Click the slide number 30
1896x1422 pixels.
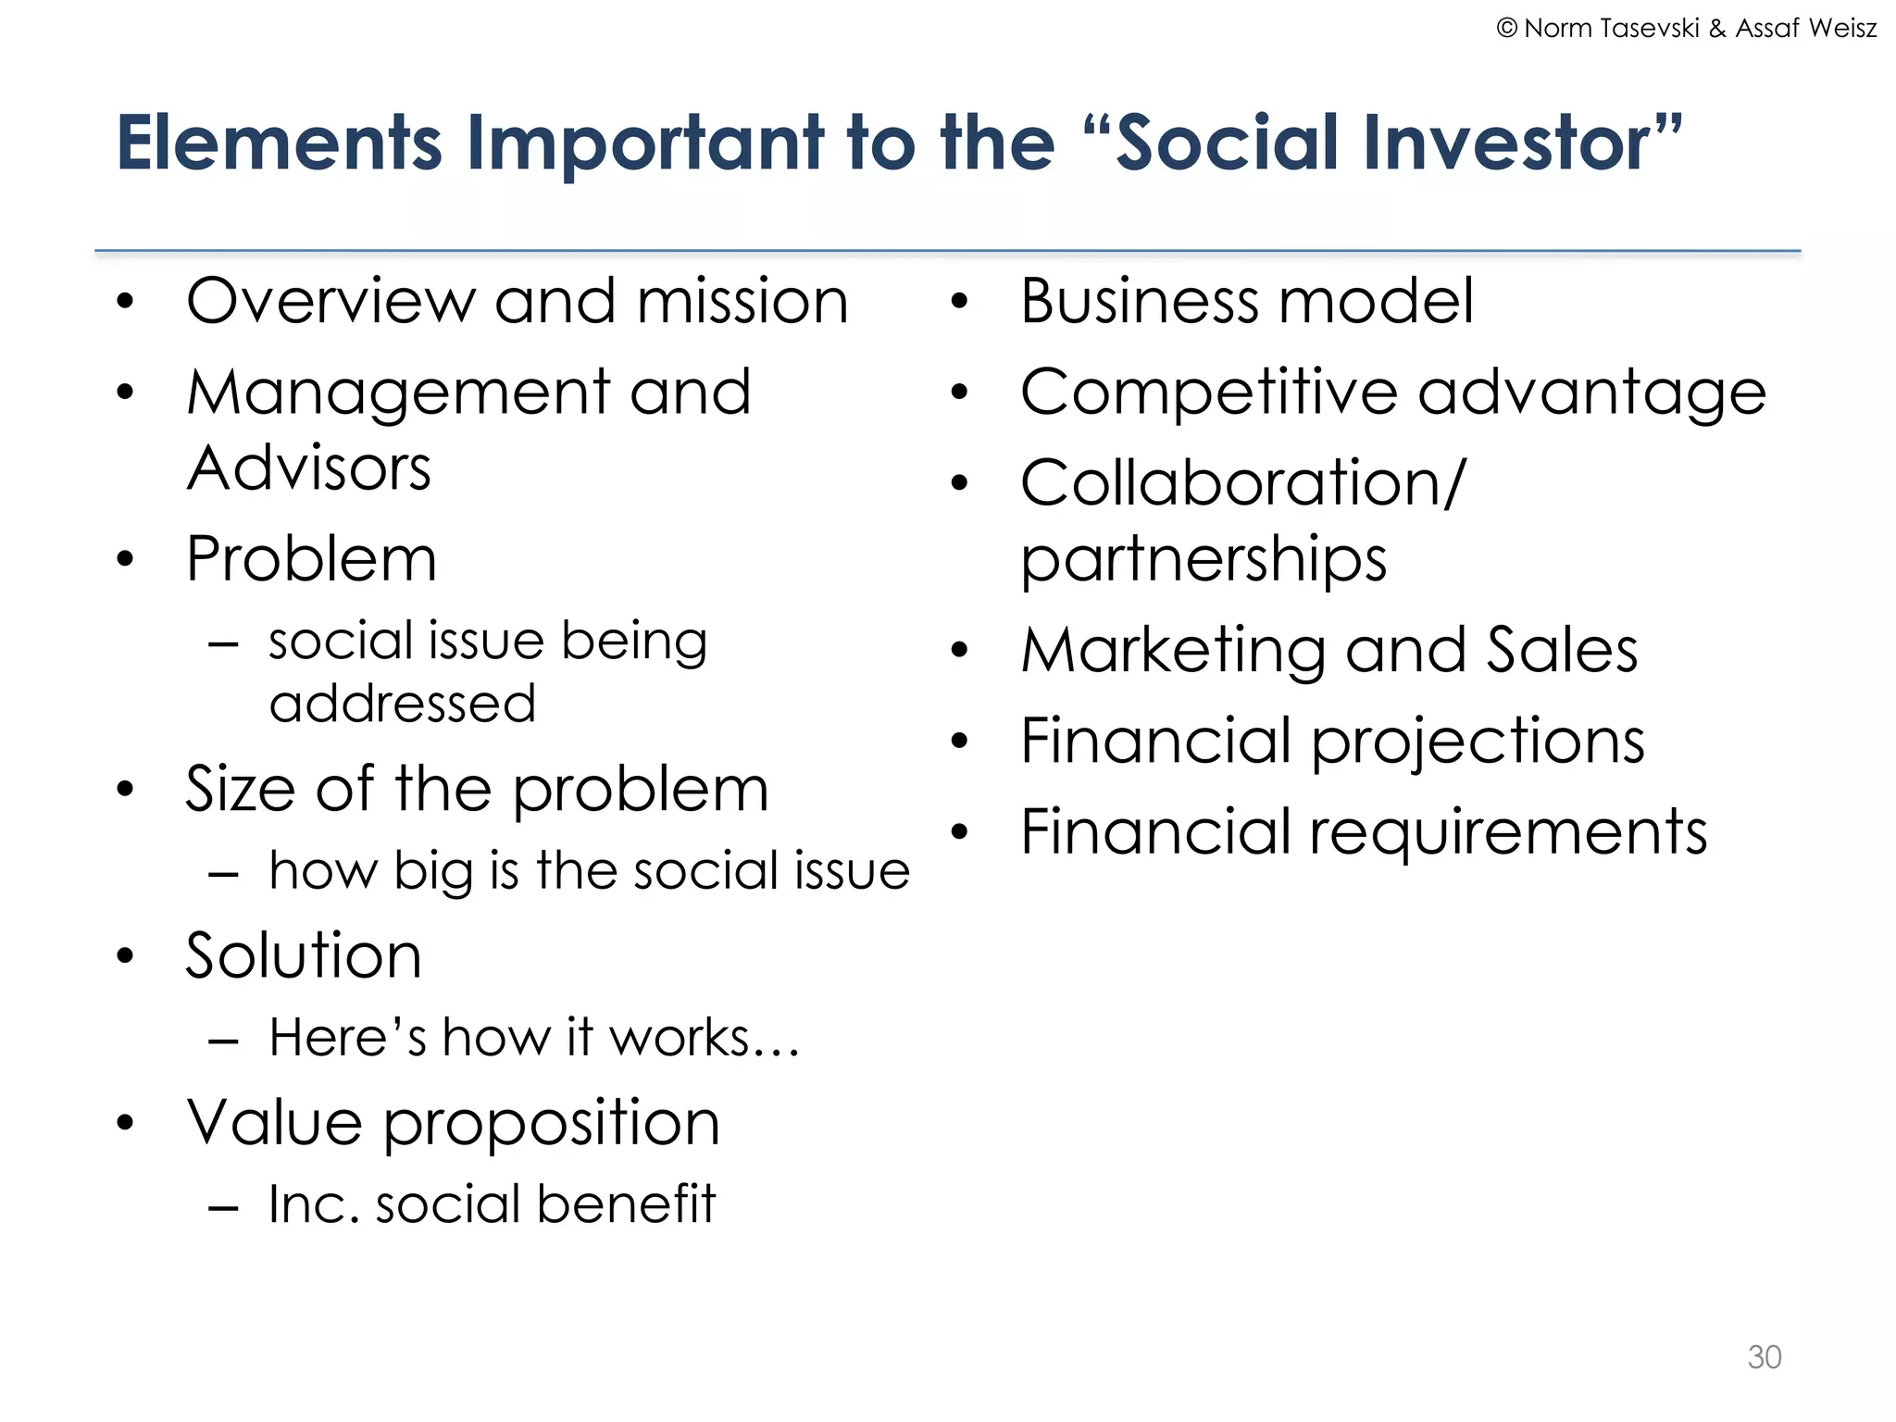click(x=1764, y=1356)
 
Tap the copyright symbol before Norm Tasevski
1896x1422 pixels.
click(x=1506, y=29)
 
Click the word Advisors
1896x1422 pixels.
click(x=309, y=468)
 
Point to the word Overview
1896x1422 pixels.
click(x=329, y=302)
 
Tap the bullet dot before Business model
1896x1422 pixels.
click(x=959, y=302)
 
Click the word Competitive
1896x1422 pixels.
click(x=1208, y=393)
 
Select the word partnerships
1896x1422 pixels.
click(x=1204, y=559)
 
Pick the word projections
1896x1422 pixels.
click(x=1478, y=742)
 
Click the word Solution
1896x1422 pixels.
click(x=304, y=955)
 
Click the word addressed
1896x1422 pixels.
click(x=403, y=704)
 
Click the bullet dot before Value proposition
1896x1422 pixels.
click(x=126, y=1123)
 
